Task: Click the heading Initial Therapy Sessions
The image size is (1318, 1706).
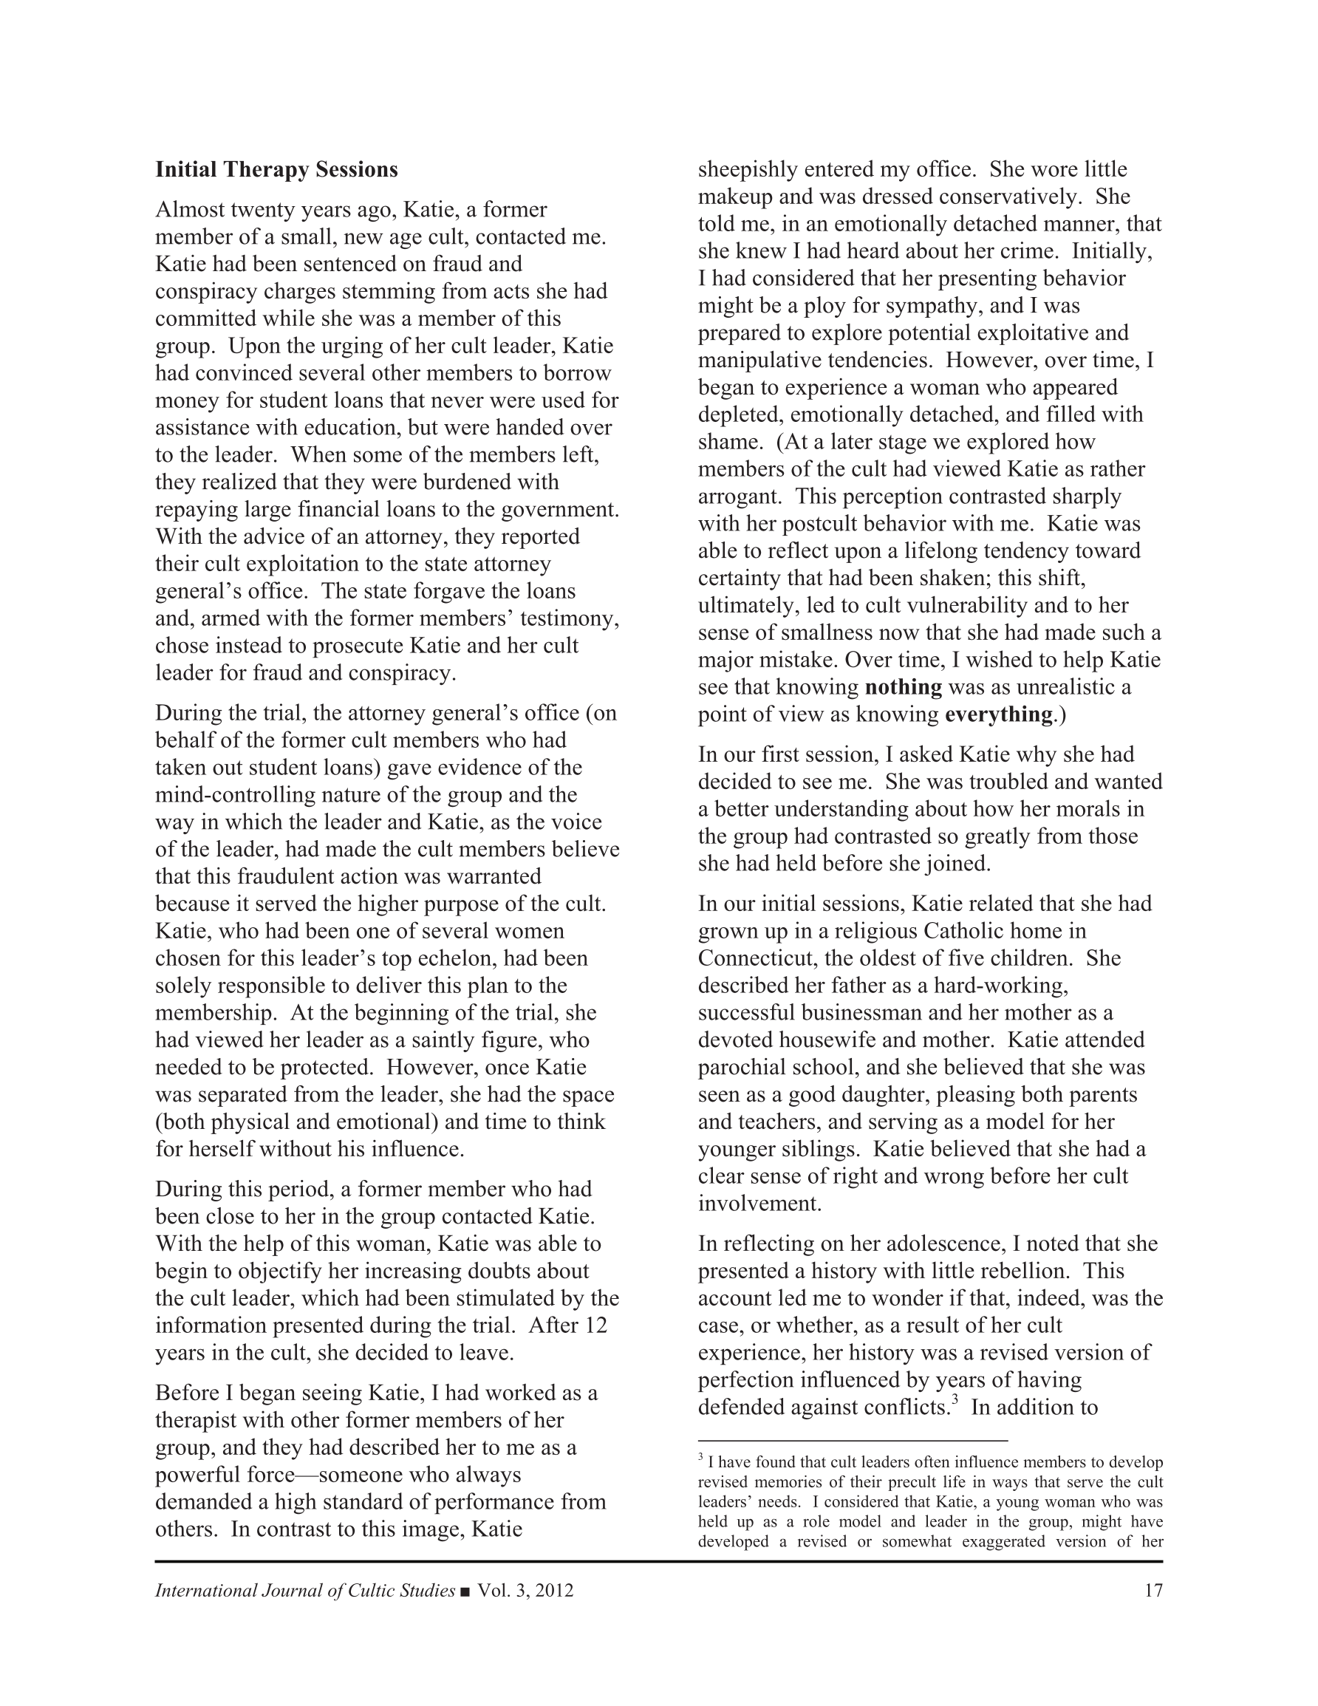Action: [x=276, y=169]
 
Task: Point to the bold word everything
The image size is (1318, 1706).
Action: [x=998, y=714]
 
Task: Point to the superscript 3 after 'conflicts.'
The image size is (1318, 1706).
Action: [x=954, y=1401]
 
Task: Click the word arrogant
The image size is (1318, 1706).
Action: [x=738, y=497]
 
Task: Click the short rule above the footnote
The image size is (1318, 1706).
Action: [x=853, y=1439]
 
